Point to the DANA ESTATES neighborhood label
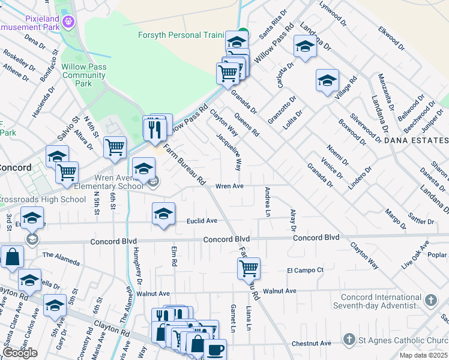pyautogui.click(x=415, y=140)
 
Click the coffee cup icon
pyautogui.click(x=215, y=349)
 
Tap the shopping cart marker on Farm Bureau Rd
pyautogui.click(x=249, y=268)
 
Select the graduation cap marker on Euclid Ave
pyautogui.click(x=163, y=214)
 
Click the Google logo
pyautogui.click(x=20, y=353)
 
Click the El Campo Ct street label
pyautogui.click(x=305, y=270)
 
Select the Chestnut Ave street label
pyautogui.click(x=312, y=343)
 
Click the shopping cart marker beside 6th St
pyautogui.click(x=114, y=147)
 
